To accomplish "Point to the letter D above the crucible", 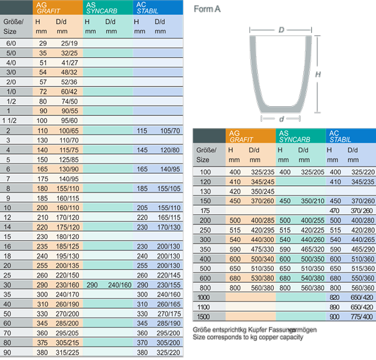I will (281, 29).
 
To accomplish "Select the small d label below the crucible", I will (281, 119).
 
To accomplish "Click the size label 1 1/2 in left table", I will (11, 121).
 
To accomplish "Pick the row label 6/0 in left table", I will (11, 43).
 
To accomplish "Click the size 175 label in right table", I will (205, 211).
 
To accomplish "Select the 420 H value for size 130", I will (235, 191).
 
